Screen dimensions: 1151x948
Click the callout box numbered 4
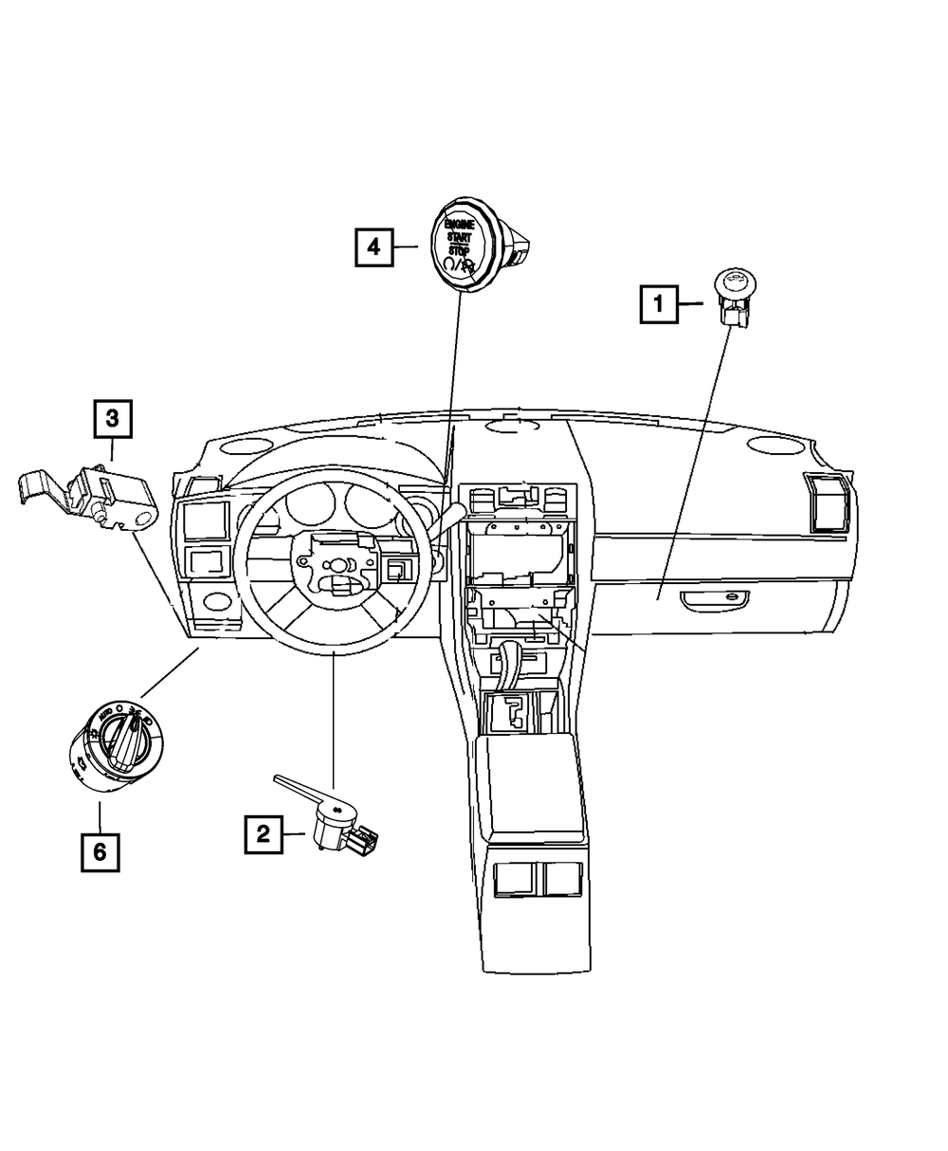pos(374,248)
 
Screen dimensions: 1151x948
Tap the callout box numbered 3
pos(112,418)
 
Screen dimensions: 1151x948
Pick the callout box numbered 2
pos(263,833)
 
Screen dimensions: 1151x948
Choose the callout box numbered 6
pos(100,852)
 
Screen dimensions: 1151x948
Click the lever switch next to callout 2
pos(337,821)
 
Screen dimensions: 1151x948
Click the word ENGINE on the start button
pos(461,224)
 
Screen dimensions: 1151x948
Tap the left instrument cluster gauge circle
pos(307,510)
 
